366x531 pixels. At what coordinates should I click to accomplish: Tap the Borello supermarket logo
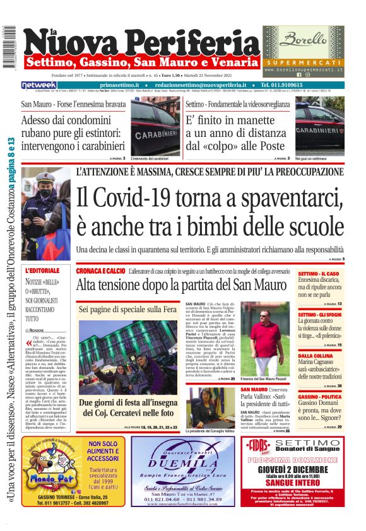[305, 41]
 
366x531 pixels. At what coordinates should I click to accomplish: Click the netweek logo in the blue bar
[40, 85]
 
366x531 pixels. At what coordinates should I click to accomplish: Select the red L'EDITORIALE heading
[42, 270]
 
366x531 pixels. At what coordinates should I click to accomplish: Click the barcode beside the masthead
[9, 47]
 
